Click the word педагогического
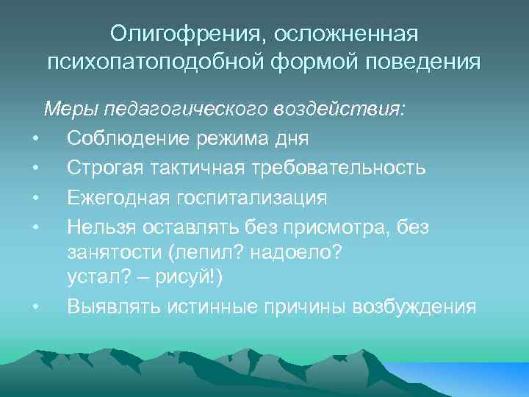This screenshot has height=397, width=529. click(185, 111)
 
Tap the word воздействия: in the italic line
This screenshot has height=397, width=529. click(340, 111)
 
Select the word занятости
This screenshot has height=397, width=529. click(114, 254)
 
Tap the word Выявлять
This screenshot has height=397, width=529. click(109, 306)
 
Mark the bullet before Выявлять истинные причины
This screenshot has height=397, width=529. click(35, 307)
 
